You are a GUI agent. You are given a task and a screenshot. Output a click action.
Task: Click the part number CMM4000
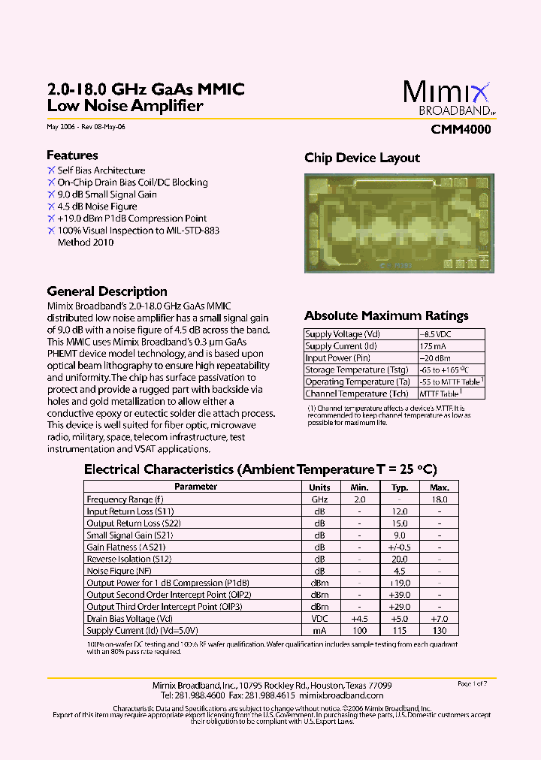click(461, 129)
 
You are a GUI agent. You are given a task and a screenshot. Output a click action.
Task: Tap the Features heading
click(72, 155)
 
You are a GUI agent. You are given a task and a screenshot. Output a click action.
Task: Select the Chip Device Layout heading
click(362, 158)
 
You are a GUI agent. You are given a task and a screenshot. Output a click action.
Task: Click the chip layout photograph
click(400, 223)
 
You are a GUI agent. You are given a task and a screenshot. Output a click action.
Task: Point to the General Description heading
click(107, 291)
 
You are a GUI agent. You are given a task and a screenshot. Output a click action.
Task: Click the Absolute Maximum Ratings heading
click(386, 316)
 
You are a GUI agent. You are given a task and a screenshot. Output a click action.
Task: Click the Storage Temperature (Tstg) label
click(357, 370)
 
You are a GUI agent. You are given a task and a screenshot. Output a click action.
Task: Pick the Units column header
click(319, 487)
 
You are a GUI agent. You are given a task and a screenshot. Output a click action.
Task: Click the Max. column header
click(439, 487)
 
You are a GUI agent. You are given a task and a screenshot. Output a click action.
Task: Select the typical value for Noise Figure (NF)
click(399, 571)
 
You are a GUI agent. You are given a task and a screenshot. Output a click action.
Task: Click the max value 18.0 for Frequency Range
click(439, 499)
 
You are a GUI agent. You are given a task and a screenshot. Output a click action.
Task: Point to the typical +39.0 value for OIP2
click(399, 595)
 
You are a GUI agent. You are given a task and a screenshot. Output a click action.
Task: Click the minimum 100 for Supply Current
click(359, 631)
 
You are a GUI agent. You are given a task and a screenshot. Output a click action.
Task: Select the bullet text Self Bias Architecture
click(101, 170)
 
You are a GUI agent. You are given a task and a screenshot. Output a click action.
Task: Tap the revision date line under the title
click(86, 127)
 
